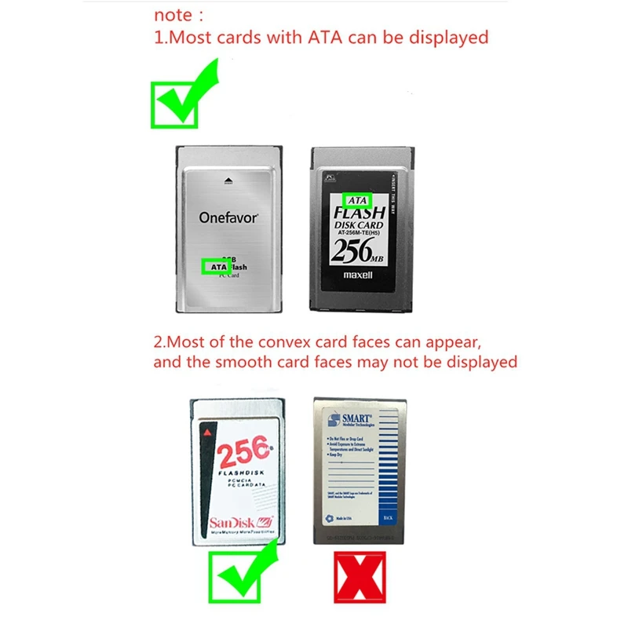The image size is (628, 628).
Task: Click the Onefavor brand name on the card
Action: click(x=228, y=217)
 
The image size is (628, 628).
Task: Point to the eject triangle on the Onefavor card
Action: click(x=228, y=180)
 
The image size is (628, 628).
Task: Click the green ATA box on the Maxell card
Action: click(x=356, y=200)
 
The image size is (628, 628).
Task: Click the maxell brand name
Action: click(x=358, y=276)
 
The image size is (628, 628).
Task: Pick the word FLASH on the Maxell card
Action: click(x=360, y=213)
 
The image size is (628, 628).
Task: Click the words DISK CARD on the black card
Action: click(x=359, y=226)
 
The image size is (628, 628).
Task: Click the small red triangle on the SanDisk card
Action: click(x=207, y=433)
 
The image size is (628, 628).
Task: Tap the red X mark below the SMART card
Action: click(x=360, y=578)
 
